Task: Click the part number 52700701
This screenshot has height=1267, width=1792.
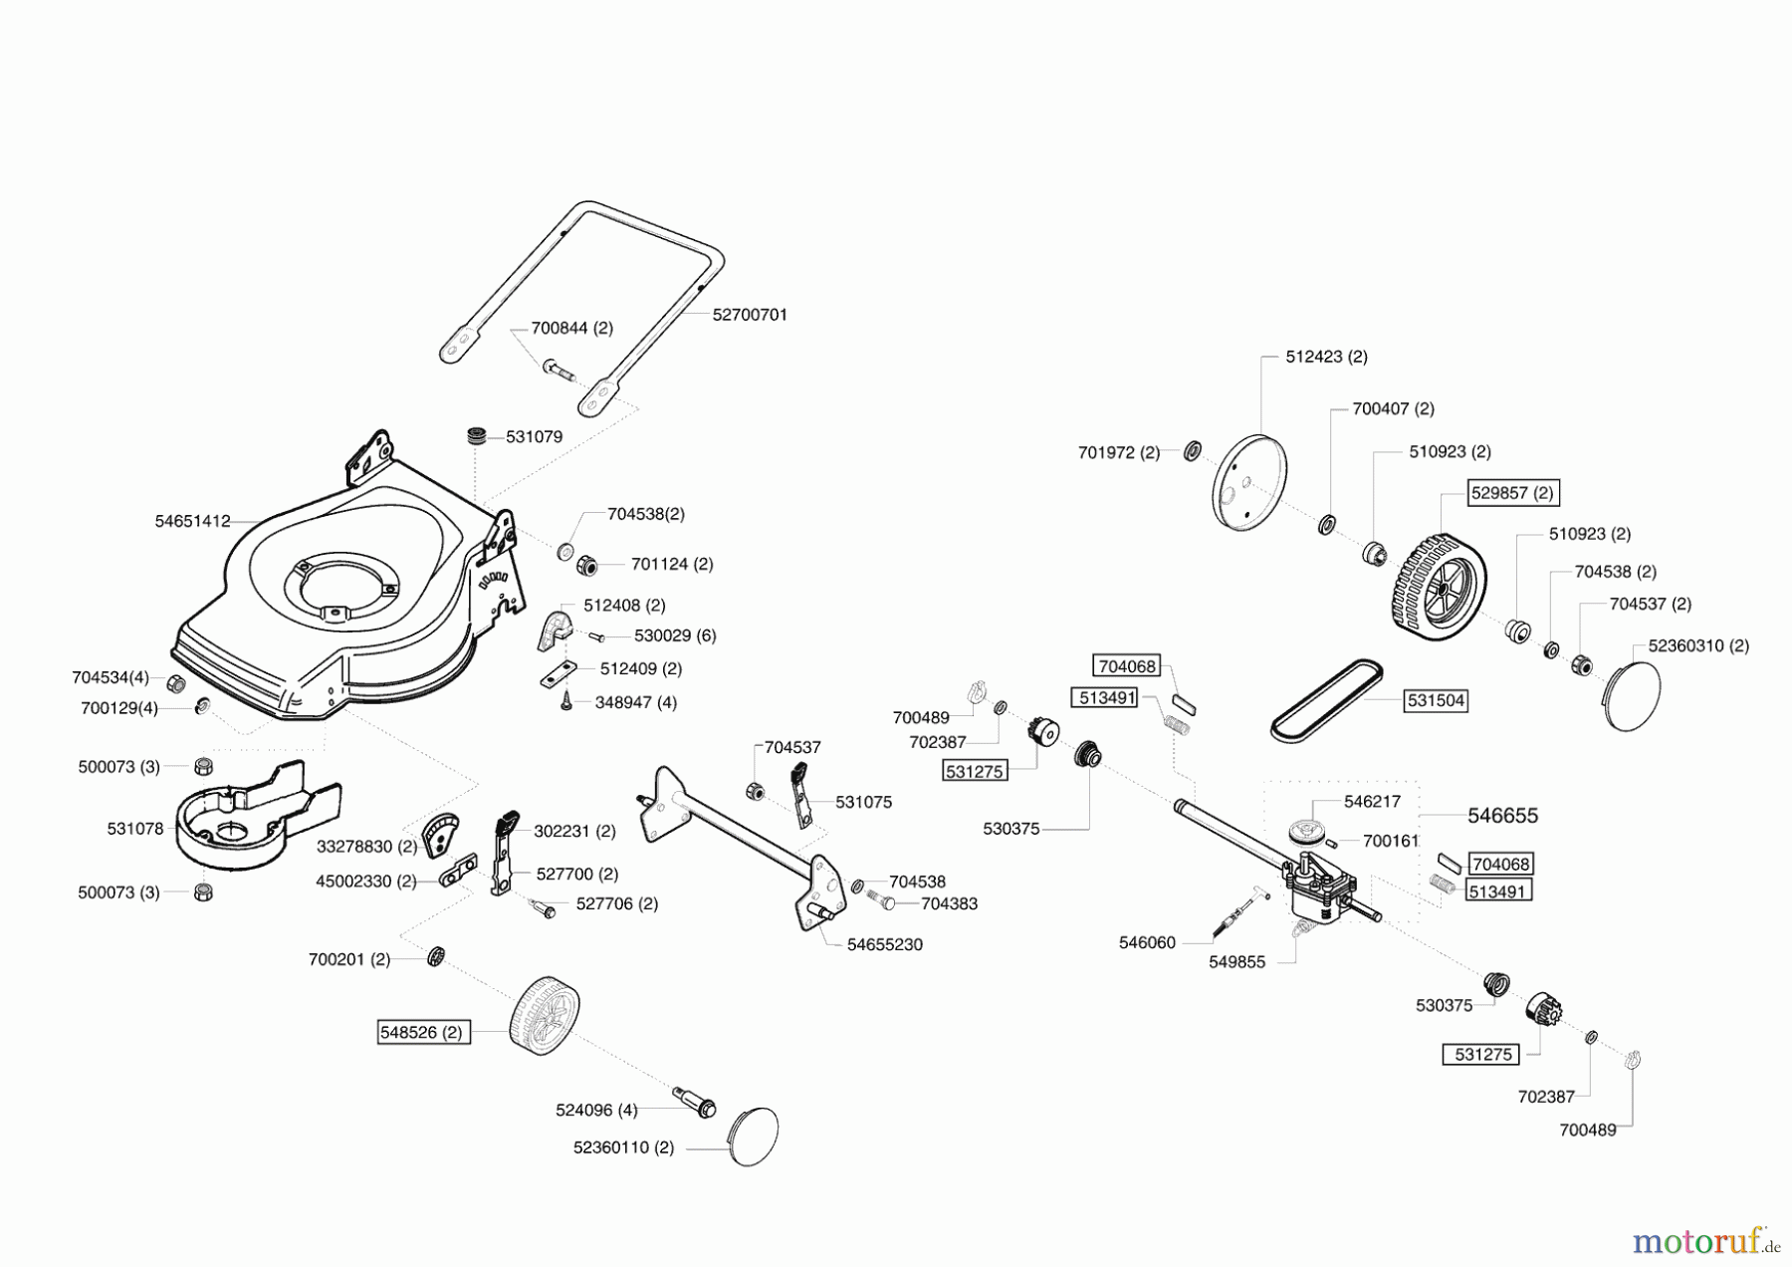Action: (x=750, y=315)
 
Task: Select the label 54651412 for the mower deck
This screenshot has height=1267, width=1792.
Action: (x=193, y=521)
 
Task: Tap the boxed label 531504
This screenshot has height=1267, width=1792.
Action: (x=1436, y=701)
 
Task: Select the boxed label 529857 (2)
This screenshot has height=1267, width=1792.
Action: (x=1512, y=493)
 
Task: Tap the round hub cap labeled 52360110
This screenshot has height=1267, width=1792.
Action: (x=754, y=1137)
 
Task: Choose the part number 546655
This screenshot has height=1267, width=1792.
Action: (x=1502, y=816)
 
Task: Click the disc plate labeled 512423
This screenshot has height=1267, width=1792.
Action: (x=1249, y=482)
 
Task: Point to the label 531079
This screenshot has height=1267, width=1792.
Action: (x=534, y=436)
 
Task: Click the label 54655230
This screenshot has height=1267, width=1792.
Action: (x=885, y=944)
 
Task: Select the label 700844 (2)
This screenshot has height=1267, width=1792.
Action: (x=571, y=328)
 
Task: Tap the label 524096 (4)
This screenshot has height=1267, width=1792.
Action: (x=596, y=1110)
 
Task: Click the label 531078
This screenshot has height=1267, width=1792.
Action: (x=135, y=829)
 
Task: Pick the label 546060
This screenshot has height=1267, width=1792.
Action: (x=1147, y=942)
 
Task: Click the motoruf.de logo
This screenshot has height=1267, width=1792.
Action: (x=1705, y=1241)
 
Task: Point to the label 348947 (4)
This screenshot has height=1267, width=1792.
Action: (x=636, y=702)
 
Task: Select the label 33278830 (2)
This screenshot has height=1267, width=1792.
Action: (x=366, y=847)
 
